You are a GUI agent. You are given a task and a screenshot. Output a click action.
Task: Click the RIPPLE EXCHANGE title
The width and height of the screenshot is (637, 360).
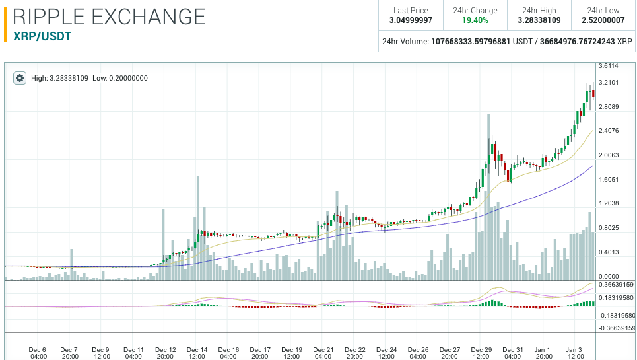[x=109, y=17]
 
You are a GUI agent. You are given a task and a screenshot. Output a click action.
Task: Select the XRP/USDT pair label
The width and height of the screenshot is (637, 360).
[x=42, y=36]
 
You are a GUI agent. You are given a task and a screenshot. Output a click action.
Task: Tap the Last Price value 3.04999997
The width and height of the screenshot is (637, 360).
[x=411, y=20]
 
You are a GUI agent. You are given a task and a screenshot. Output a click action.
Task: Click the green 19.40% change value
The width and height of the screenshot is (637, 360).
[x=475, y=20]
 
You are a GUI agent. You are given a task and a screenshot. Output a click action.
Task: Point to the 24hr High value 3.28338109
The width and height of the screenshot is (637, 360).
[x=539, y=20]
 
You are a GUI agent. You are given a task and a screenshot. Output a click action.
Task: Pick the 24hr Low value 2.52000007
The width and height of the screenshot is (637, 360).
[x=603, y=20]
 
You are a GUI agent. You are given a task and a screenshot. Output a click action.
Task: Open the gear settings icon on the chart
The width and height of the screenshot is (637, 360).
[x=20, y=78]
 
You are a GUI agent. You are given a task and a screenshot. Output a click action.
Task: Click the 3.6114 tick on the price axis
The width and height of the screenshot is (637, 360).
[x=608, y=66]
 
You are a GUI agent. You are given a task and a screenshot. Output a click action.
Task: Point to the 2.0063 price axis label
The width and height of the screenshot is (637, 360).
[x=608, y=155]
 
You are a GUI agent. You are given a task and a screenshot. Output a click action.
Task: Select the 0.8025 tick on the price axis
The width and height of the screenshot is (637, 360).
[x=608, y=228]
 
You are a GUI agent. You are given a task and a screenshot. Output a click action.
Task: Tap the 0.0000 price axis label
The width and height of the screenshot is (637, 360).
[x=608, y=277]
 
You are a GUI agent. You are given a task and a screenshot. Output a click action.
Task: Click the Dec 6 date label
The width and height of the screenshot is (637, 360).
[x=38, y=353]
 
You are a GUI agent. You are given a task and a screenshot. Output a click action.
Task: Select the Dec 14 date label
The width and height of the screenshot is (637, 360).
[x=197, y=353]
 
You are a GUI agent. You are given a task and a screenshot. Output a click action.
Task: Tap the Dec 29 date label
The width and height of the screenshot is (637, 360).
[x=481, y=353]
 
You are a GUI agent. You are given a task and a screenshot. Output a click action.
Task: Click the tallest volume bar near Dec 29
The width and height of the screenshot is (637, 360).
[x=488, y=198]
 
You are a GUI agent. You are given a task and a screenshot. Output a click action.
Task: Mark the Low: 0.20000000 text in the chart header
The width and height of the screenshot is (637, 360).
[x=120, y=78]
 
